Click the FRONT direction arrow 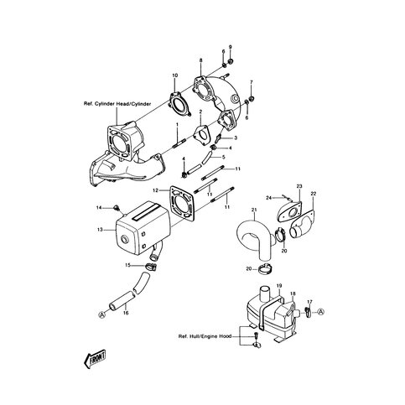pyautogui.click(x=95, y=359)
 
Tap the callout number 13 pyautogui.click(x=100, y=230)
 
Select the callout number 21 pyautogui.click(x=254, y=210)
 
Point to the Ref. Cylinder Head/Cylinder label pyautogui.click(x=117, y=104)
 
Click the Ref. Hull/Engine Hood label pyautogui.click(x=205, y=336)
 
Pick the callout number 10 pyautogui.click(x=175, y=75)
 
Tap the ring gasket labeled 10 pyautogui.click(x=179, y=104)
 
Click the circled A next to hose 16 pyautogui.click(x=101, y=314)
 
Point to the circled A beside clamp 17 pyautogui.click(x=321, y=311)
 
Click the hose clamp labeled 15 pyautogui.click(x=151, y=267)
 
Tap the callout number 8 pyautogui.click(x=200, y=60)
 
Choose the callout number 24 pyautogui.click(x=268, y=198)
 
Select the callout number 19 pyautogui.click(x=279, y=286)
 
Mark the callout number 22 pyautogui.click(x=313, y=194)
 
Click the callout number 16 pyautogui.click(x=126, y=313)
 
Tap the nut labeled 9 pyautogui.click(x=231, y=61)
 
